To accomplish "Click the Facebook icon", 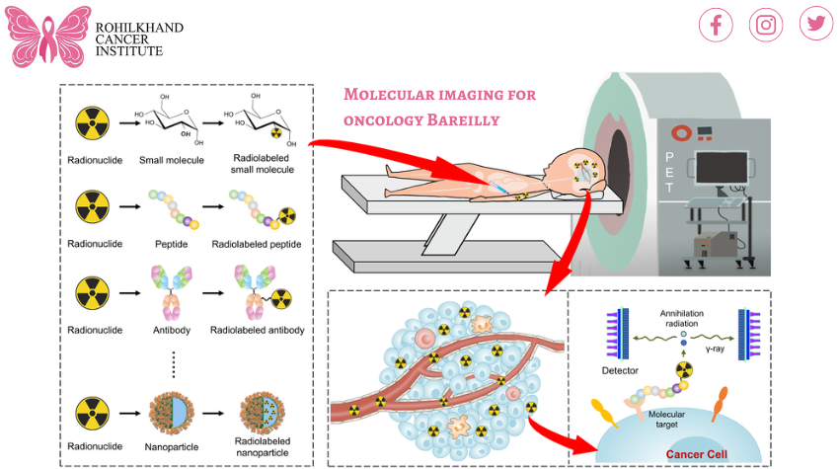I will click(716, 25).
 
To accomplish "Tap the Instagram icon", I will click(766, 25).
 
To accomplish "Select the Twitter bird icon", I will click(816, 24).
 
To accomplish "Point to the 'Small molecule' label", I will click(171, 160).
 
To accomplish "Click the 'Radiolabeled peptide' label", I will click(256, 244).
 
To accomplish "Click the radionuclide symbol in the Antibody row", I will click(93, 293).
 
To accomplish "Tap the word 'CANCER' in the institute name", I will click(122, 39).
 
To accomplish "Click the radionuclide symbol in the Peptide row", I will click(93, 208).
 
